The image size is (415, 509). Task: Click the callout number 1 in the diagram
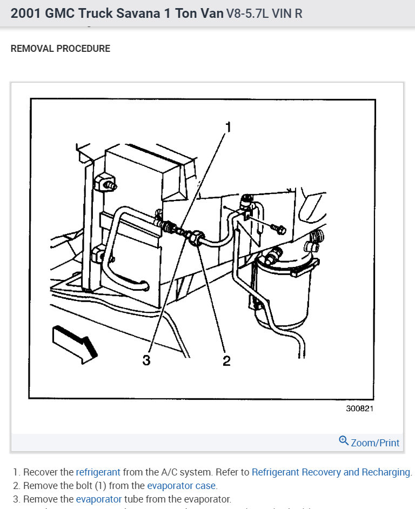pyautogui.click(x=228, y=127)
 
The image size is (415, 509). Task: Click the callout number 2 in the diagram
pyautogui.click(x=226, y=360)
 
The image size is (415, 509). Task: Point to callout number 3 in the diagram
pyautogui.click(x=146, y=360)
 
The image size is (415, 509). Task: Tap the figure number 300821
pyautogui.click(x=359, y=408)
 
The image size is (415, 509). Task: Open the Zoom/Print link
pyautogui.click(x=375, y=443)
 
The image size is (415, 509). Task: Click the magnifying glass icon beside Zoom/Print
pyautogui.click(x=344, y=441)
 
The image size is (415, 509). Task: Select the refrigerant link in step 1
pyautogui.click(x=98, y=472)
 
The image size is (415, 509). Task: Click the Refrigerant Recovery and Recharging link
pyautogui.click(x=331, y=472)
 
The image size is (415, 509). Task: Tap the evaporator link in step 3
pyautogui.click(x=99, y=499)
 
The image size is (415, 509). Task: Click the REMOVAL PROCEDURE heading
pyautogui.click(x=61, y=49)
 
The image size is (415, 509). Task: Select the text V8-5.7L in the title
pyautogui.click(x=248, y=14)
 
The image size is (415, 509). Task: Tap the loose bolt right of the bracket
pyautogui.click(x=279, y=229)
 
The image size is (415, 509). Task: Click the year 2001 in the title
pyautogui.click(x=25, y=13)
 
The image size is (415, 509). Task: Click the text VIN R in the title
pyautogui.click(x=288, y=14)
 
